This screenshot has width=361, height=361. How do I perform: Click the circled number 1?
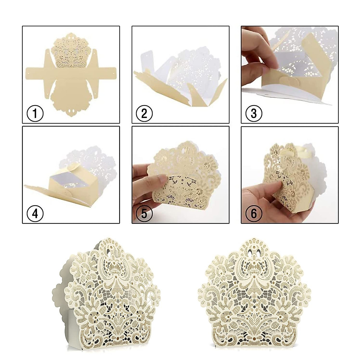coord(35,114)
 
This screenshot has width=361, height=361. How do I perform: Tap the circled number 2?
coord(144,114)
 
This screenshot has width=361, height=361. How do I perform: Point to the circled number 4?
coord(35,214)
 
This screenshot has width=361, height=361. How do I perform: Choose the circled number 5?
coord(144,214)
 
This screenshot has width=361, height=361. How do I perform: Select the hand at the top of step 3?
coord(259,45)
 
